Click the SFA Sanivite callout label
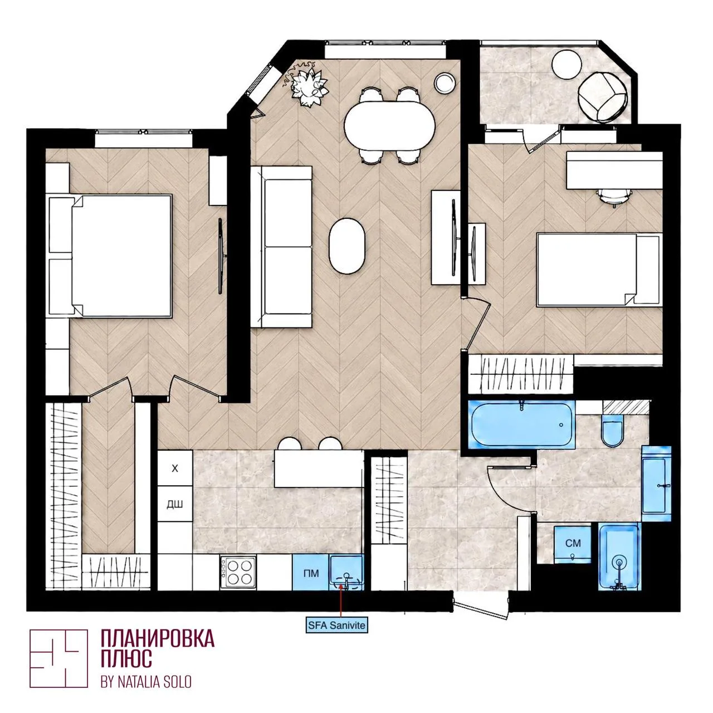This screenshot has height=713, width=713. [x=336, y=625]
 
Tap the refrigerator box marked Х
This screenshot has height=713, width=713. [x=175, y=468]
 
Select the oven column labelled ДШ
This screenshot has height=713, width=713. [x=175, y=504]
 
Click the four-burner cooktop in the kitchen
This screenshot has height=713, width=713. [x=238, y=573]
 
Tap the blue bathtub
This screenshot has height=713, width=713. [x=522, y=424]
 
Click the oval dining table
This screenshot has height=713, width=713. [x=389, y=126]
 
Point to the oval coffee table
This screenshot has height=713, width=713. [x=346, y=246]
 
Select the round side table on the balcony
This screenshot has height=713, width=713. [x=566, y=64]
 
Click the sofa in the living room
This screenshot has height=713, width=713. [x=281, y=247]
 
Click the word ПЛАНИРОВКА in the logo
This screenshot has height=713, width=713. [x=158, y=638]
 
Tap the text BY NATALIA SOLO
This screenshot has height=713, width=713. [x=146, y=682]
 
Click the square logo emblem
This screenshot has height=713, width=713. [x=58, y=658]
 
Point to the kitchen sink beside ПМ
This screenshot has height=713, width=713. [x=346, y=573]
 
